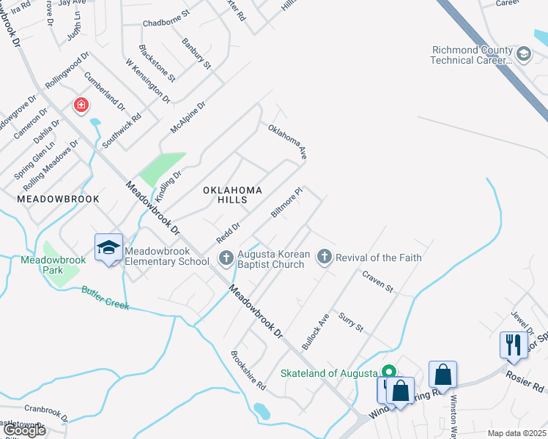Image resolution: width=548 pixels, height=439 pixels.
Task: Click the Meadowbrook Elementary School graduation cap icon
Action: point(108,247)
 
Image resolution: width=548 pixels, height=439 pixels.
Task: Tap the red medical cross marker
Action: point(81,105)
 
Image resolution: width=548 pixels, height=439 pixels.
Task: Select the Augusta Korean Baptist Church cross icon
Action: point(226,258)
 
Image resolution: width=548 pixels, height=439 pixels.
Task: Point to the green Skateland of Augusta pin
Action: point(390,372)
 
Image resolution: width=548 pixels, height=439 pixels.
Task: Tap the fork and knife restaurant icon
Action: point(513,344)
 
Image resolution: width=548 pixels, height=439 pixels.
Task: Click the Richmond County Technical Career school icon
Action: point(523,54)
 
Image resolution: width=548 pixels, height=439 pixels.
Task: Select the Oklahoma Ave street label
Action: point(286,142)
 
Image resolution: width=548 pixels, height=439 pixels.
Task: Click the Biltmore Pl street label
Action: point(286,203)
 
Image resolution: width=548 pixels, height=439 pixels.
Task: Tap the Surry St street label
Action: point(351,322)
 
